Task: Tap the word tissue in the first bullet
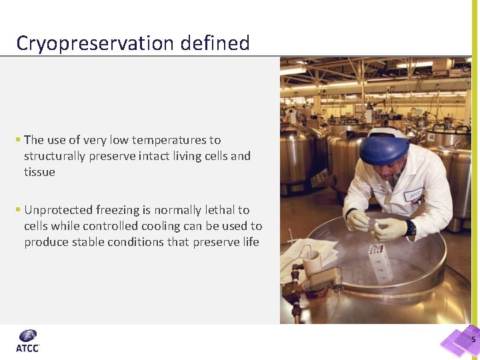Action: pos(39,172)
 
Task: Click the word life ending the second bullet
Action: pos(250,242)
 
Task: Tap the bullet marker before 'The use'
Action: pos(18,140)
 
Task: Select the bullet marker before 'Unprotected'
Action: pos(18,210)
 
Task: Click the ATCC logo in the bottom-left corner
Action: pos(28,340)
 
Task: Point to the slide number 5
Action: pos(473,340)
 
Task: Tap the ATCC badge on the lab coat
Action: pos(415,195)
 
